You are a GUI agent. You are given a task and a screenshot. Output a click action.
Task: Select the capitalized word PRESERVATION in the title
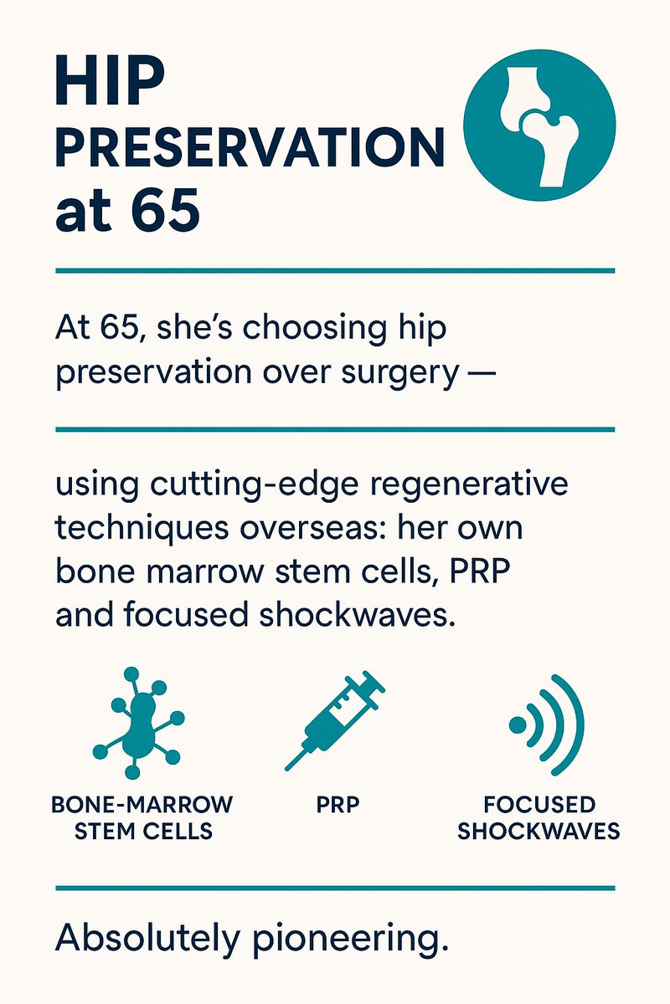(249, 151)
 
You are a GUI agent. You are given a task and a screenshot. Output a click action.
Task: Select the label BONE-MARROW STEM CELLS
(142, 818)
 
